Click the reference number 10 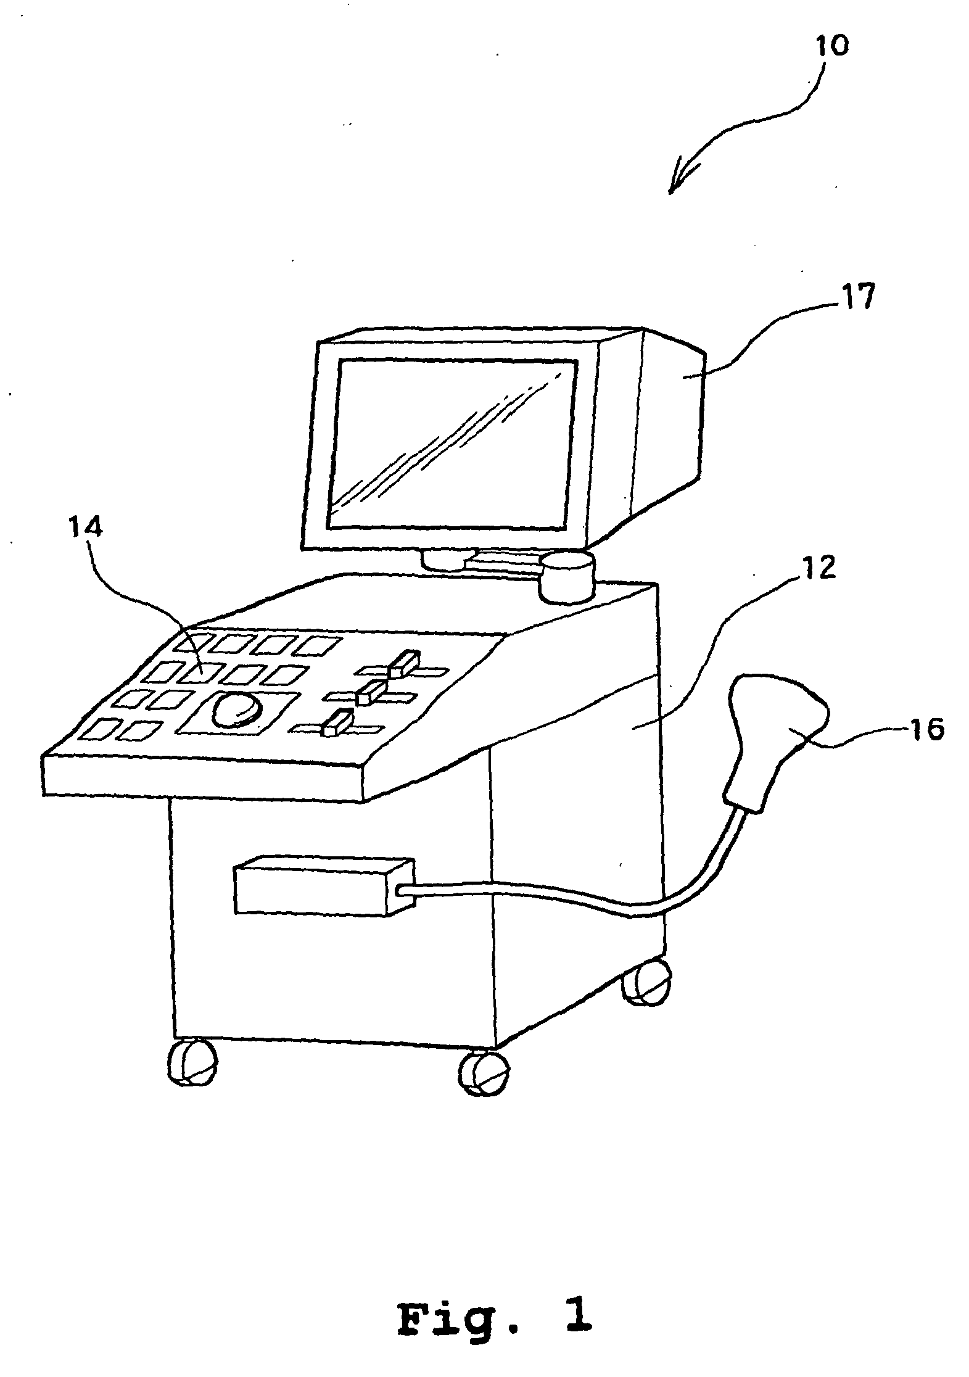click(x=831, y=46)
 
